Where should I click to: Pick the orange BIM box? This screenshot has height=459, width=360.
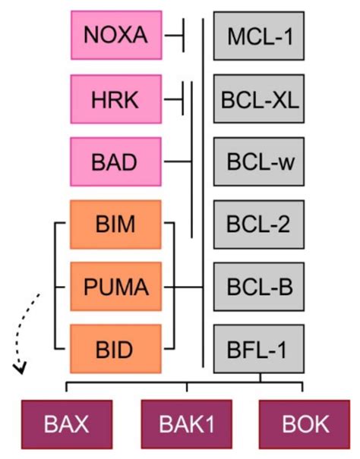tap(115, 225)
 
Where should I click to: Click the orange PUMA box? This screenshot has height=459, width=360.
tap(115, 288)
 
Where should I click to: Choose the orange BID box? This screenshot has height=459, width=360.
tap(115, 350)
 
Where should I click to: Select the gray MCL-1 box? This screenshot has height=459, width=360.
tap(258, 35)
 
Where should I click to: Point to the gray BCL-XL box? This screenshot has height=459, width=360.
tap(258, 99)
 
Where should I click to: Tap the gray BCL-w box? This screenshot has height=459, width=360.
tap(258, 162)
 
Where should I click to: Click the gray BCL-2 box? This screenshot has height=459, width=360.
tap(258, 225)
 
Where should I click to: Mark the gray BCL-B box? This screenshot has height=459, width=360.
tap(258, 288)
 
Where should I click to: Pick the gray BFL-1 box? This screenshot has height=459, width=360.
tap(258, 350)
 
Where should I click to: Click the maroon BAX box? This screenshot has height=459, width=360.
tap(68, 423)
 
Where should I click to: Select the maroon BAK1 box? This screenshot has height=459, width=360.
tap(186, 423)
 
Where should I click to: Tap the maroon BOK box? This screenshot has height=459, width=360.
tap(305, 423)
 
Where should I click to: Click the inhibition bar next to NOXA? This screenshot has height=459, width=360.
tap(182, 35)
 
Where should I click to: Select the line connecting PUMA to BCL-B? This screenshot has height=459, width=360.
tap(188, 288)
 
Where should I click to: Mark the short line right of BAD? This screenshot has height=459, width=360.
tap(178, 162)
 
